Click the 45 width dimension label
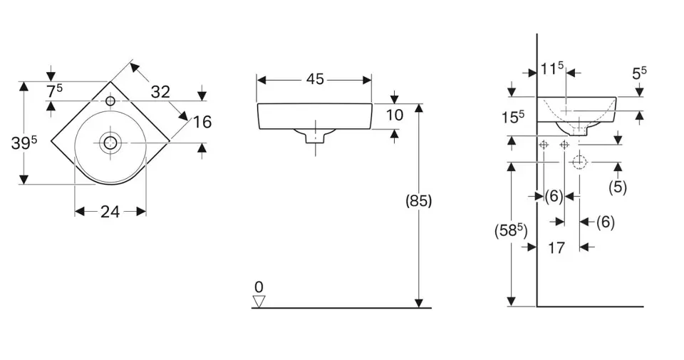[x=315, y=79]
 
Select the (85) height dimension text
[x=419, y=201]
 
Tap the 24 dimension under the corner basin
[x=110, y=212]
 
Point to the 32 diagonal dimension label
[x=160, y=92]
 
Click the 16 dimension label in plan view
[x=202, y=122]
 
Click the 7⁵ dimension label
[x=55, y=91]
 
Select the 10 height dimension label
[x=395, y=115]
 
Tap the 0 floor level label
[x=259, y=287]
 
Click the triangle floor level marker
[x=259, y=301]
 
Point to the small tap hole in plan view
[x=110, y=101]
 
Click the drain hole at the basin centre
[x=110, y=143]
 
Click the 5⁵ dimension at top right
[x=640, y=73]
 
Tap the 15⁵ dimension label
[x=513, y=116]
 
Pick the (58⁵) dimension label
[x=511, y=230]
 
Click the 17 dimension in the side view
[x=556, y=248]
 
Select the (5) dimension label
[x=618, y=187]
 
